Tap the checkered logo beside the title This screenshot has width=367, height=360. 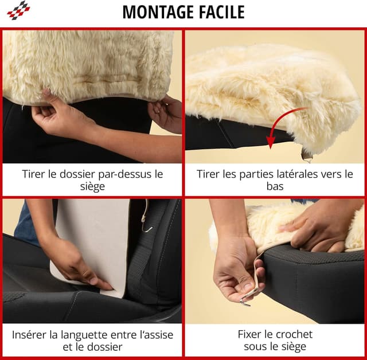[x=18, y=10]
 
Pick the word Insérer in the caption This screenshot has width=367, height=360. [x=29, y=335]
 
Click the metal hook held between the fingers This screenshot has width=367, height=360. [x=245, y=303]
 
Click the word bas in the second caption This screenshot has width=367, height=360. [x=275, y=186]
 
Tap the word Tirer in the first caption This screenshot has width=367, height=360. [x=34, y=174]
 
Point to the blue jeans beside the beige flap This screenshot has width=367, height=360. [x=26, y=225]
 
